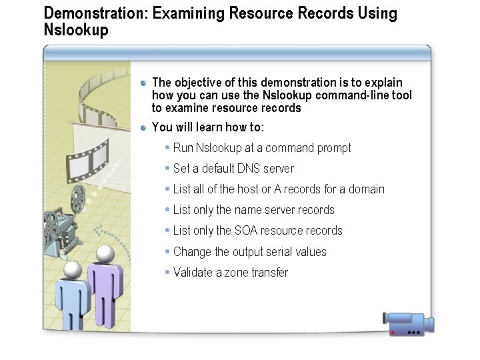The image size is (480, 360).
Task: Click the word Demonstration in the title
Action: (87, 13)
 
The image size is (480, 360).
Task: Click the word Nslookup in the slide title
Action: (75, 30)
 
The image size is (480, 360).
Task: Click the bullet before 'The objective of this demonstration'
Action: (143, 83)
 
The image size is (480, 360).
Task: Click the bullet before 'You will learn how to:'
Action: (143, 127)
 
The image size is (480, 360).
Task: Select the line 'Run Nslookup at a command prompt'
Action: (261, 148)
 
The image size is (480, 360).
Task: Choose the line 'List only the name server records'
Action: (253, 210)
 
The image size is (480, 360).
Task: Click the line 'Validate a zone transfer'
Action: (230, 273)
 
